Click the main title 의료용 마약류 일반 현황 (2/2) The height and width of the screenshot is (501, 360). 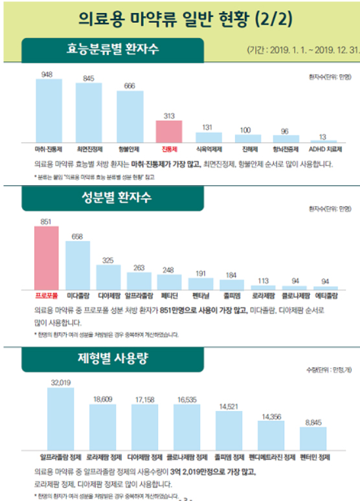click(179, 18)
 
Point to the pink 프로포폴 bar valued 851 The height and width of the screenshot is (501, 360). click(46, 258)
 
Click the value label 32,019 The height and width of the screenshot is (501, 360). click(61, 382)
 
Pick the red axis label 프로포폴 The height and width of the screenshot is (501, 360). click(46, 295)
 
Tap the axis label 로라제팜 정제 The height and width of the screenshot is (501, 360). click(104, 456)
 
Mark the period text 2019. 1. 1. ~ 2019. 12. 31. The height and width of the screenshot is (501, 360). click(302, 49)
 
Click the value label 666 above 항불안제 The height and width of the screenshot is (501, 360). click(129, 85)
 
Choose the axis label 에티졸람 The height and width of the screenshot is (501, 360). click(325, 295)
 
